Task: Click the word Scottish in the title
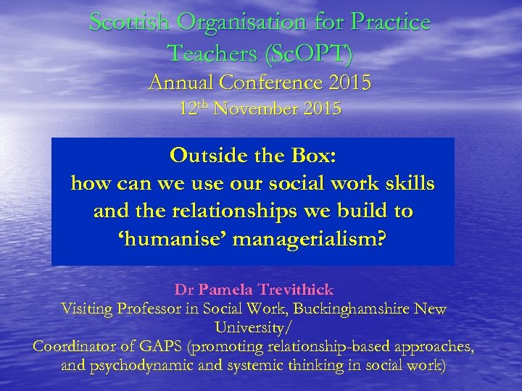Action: [x=129, y=22]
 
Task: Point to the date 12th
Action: [x=194, y=109]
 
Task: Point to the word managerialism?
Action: [x=312, y=240]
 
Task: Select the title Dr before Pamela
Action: [x=183, y=290]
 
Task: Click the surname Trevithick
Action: [x=291, y=290]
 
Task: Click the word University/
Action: [x=260, y=328]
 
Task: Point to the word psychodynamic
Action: [x=140, y=366]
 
